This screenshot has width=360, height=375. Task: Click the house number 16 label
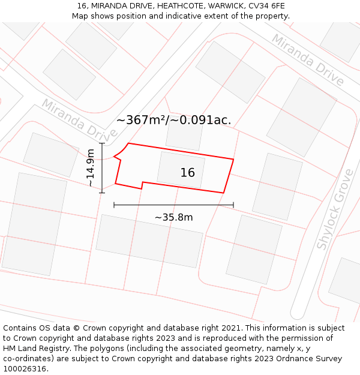tap(187, 173)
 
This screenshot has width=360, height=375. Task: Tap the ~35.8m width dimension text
tap(173, 217)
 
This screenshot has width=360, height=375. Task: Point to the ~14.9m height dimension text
tap(91, 168)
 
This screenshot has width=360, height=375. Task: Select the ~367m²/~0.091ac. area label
tap(173, 120)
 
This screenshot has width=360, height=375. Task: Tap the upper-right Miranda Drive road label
tap(308, 59)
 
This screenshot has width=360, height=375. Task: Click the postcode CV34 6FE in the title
tap(265, 6)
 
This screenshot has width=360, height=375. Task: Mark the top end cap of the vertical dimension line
tap(102, 143)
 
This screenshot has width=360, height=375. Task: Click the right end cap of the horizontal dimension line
tap(233, 205)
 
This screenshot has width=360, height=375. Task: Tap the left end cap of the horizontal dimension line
tap(114, 205)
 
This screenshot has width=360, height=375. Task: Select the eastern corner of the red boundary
tap(233, 160)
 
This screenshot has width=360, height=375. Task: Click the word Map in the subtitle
tap(80, 16)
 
